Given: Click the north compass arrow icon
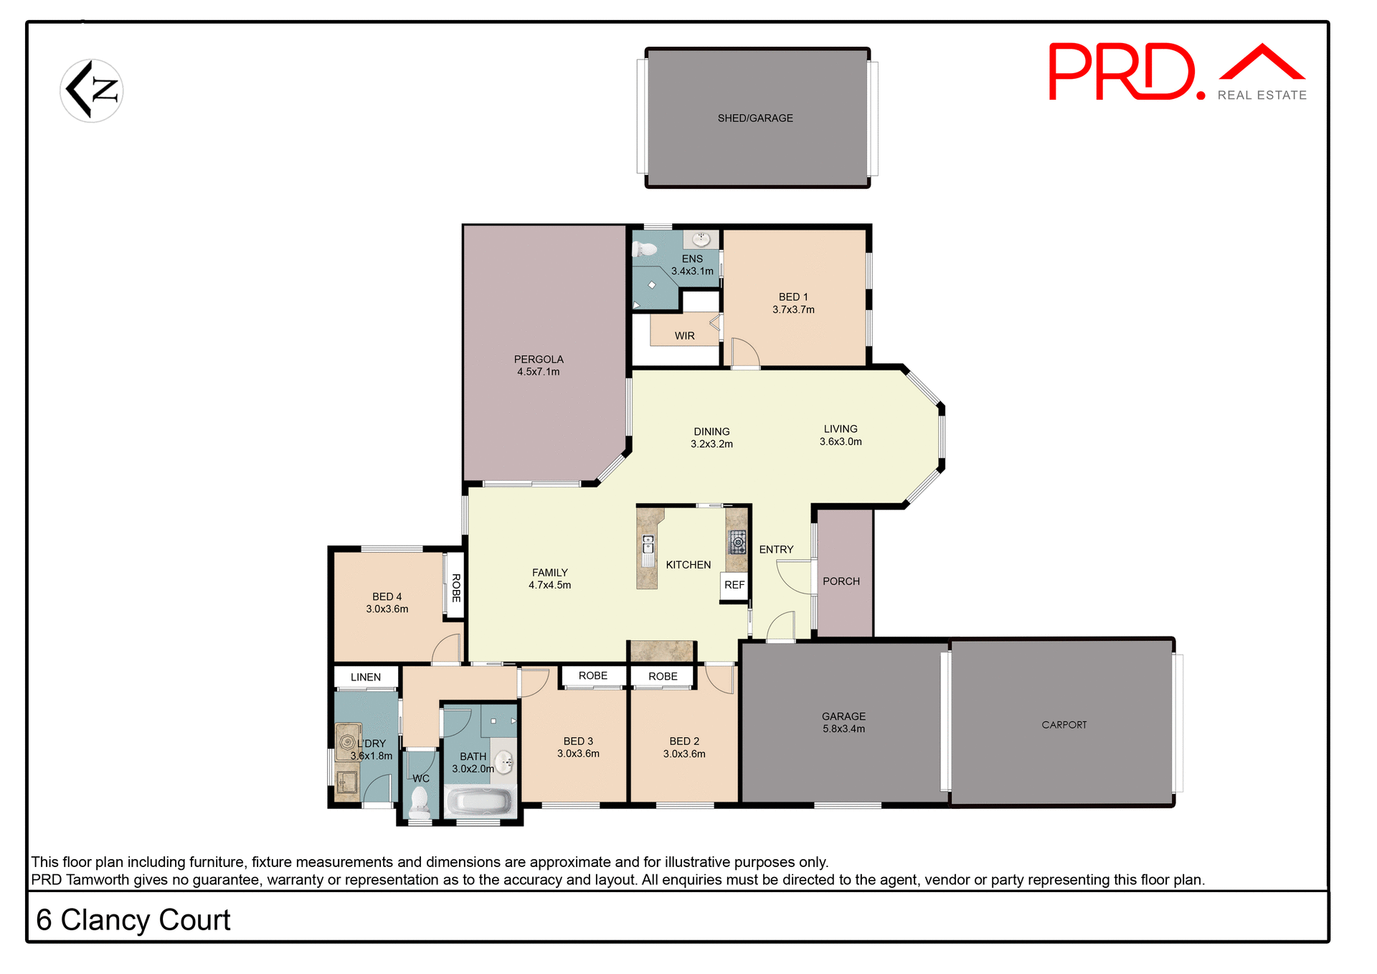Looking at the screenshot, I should [x=92, y=91].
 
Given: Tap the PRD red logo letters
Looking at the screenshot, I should [x=1122, y=72].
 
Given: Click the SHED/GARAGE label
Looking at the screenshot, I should [x=755, y=118].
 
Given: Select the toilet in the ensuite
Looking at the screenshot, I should [x=645, y=249].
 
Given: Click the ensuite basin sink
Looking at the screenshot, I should [x=701, y=239].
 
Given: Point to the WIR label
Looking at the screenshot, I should [x=684, y=336].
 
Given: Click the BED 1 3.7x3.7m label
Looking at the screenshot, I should [x=793, y=304].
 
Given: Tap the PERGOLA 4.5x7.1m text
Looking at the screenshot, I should [x=539, y=365].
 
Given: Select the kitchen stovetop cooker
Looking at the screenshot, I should [x=737, y=542].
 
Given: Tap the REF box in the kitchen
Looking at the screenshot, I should [x=734, y=585].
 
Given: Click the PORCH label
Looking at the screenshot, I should [x=841, y=581].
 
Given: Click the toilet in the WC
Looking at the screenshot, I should [x=420, y=802].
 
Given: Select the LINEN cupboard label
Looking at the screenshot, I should [x=366, y=677].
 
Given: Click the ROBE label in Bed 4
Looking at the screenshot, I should [x=456, y=588].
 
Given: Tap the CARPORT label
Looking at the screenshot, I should [x=1064, y=725].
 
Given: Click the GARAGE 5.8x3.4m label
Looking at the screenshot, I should [x=843, y=723].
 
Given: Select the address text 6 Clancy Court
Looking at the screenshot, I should [x=133, y=920].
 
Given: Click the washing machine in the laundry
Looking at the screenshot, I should [x=348, y=741].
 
